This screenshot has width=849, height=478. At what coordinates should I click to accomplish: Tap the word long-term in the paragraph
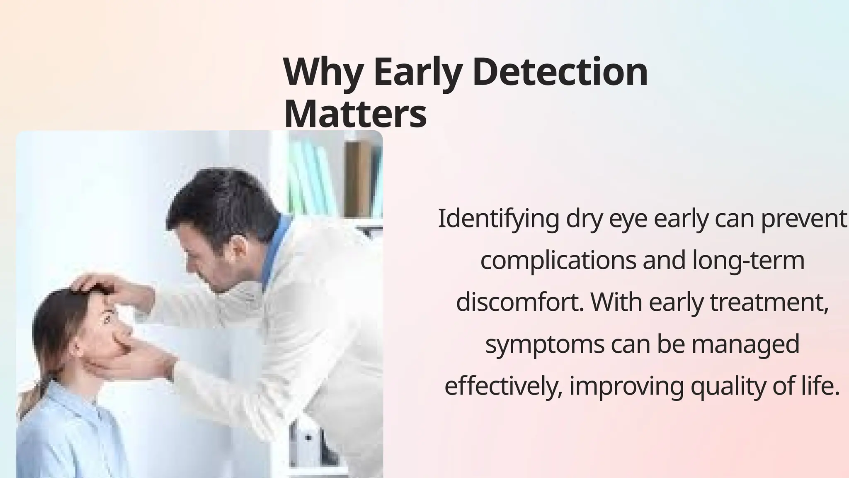[x=748, y=261]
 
